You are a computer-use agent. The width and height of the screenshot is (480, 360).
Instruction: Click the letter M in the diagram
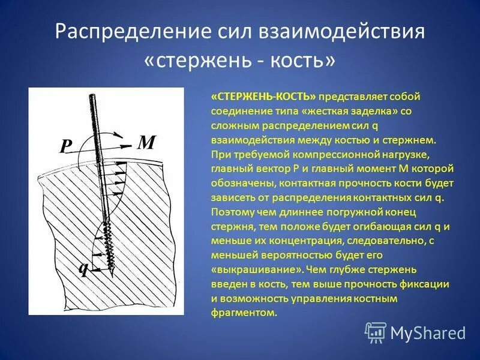(147, 143)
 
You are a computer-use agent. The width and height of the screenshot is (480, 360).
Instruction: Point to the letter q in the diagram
(84, 268)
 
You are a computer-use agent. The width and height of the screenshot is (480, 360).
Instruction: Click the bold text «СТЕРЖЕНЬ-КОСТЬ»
(263, 97)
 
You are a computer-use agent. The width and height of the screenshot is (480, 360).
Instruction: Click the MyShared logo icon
(376, 332)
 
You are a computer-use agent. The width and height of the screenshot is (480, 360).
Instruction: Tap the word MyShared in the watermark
(428, 332)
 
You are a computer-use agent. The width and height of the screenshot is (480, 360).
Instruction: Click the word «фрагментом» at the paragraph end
(244, 313)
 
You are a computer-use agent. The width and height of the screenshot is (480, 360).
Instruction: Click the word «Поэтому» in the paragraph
(231, 212)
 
